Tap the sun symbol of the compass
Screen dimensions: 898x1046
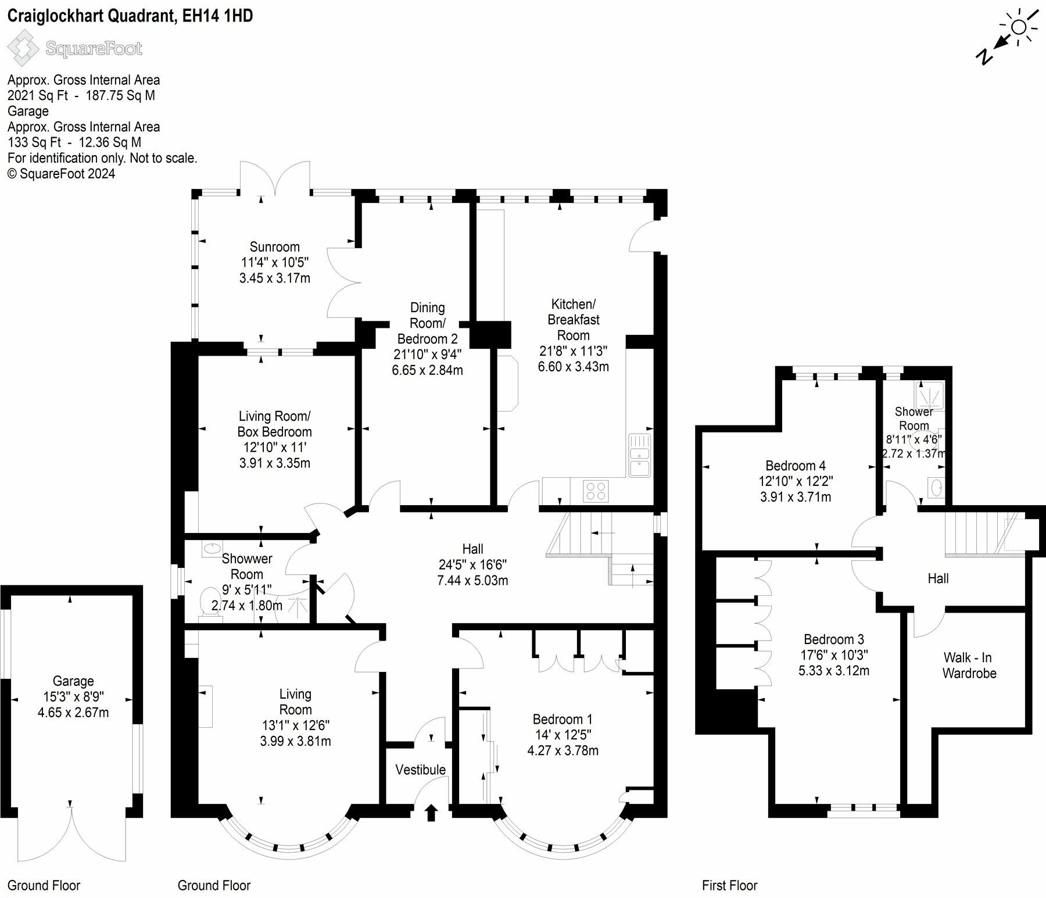pyautogui.click(x=1019, y=27)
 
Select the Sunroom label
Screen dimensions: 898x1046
pyautogui.click(x=274, y=246)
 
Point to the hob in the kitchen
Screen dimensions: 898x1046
pyautogui.click(x=596, y=491)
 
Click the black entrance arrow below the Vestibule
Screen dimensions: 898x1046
pyautogui.click(x=431, y=812)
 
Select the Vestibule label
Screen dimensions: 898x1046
pyautogui.click(x=420, y=770)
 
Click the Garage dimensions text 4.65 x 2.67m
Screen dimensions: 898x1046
pyautogui.click(x=73, y=713)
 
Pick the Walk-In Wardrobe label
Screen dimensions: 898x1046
pyautogui.click(x=969, y=666)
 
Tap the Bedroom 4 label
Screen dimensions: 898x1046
pyautogui.click(x=795, y=466)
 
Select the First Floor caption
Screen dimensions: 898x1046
pyautogui.click(x=729, y=885)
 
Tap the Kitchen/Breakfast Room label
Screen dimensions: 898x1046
pyautogui.click(x=574, y=320)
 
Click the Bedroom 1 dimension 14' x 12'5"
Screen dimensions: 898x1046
pyautogui.click(x=563, y=735)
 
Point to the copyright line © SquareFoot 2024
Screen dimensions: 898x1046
pyautogui.click(x=61, y=174)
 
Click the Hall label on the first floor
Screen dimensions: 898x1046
pyautogui.click(x=938, y=578)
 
